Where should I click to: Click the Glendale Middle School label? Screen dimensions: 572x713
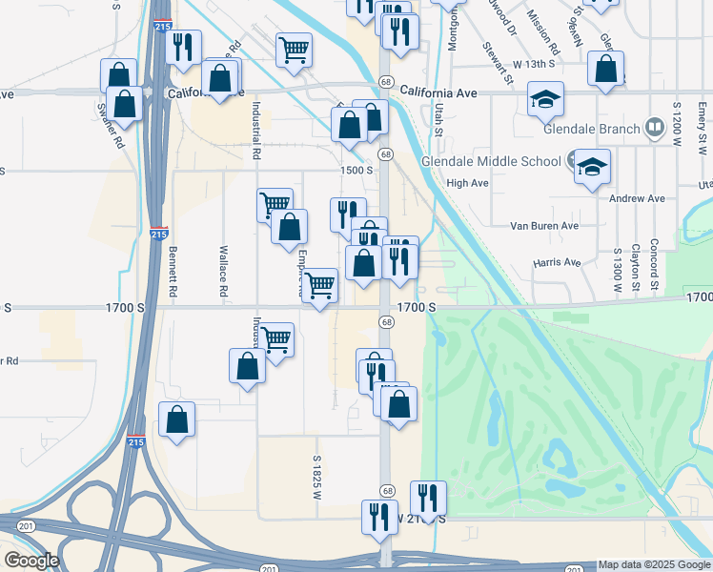492,161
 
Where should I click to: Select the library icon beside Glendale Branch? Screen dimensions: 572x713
655,127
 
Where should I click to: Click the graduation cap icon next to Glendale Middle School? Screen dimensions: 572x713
592,166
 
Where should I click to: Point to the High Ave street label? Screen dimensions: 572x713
467,182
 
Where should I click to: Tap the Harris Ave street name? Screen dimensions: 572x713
557,262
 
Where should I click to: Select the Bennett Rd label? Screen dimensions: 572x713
173,270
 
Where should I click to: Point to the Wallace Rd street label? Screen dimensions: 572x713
223,270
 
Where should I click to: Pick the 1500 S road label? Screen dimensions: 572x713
356,170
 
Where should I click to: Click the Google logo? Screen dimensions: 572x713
31,560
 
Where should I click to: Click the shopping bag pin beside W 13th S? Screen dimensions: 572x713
606,69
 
